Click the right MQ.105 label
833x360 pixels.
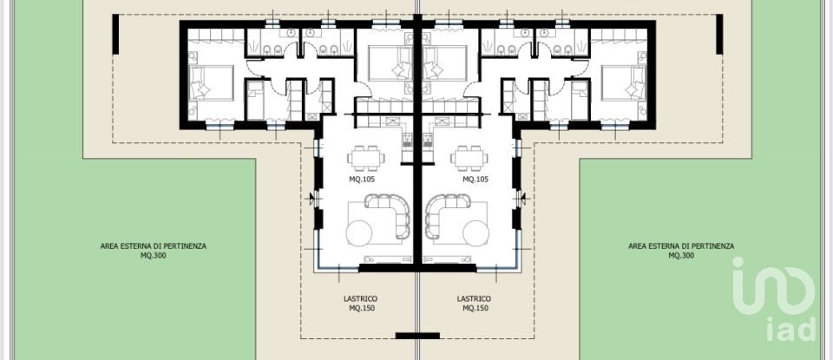point(476,180)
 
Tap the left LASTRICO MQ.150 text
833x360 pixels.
point(360,303)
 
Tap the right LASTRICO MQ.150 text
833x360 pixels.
point(474,303)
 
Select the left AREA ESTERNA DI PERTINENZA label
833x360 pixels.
point(154,250)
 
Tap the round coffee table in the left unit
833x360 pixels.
point(359,232)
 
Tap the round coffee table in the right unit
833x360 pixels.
point(476,232)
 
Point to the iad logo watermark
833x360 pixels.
point(774,299)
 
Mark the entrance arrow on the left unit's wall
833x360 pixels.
point(313,198)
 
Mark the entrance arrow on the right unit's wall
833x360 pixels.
point(522,198)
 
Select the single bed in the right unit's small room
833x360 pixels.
point(448,62)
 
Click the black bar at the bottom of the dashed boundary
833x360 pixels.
point(417,335)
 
